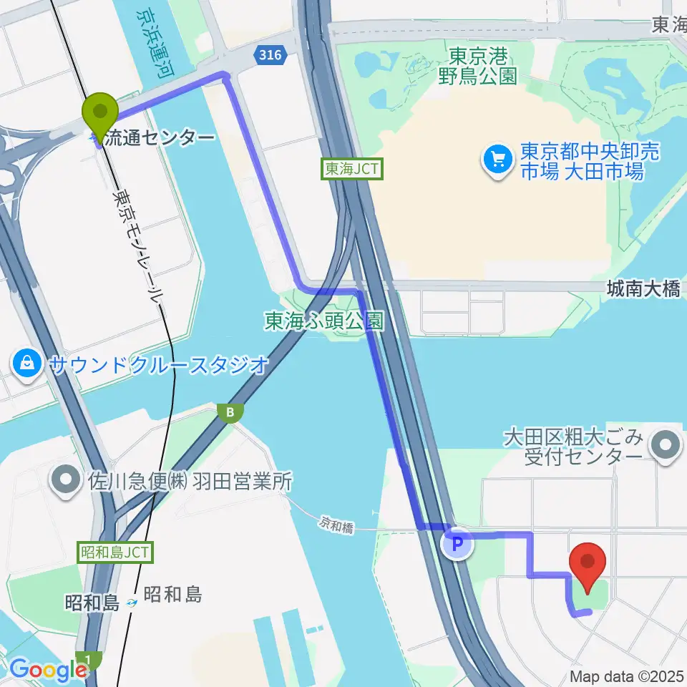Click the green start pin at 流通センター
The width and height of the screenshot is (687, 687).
101,113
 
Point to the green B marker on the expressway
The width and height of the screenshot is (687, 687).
230,412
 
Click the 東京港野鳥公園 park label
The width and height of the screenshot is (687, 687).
479,66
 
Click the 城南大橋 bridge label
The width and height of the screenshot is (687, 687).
643,289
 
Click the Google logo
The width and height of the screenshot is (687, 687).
47,669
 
